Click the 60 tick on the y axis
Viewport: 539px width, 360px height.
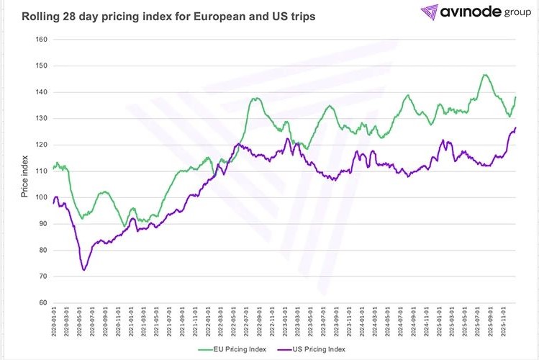point(42,302)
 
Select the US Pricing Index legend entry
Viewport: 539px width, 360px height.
point(313,349)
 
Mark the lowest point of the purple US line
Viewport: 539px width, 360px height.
point(84,270)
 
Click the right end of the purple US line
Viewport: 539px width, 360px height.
point(516,128)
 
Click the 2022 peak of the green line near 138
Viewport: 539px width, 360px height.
point(255,98)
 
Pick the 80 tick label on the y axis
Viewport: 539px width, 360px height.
point(42,250)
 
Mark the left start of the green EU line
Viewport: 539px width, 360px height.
point(53,168)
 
